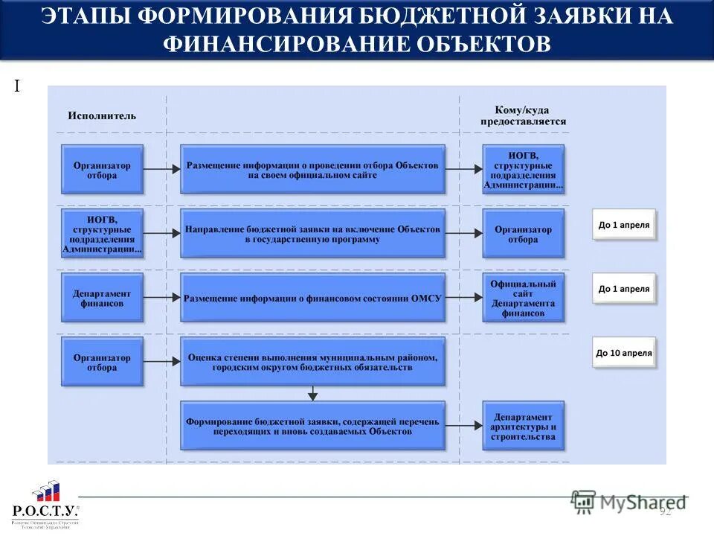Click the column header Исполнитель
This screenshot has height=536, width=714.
click(102, 115)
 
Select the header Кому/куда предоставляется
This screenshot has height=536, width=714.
click(522, 115)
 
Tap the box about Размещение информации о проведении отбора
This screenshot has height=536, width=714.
click(312, 170)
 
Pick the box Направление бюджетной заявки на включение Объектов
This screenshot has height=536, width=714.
click(312, 234)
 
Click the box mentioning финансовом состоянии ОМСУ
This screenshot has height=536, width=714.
click(312, 298)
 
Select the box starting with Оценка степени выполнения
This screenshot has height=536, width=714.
click(312, 362)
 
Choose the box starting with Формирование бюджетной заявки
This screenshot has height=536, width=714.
click(312, 426)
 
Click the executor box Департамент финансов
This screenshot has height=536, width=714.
click(102, 298)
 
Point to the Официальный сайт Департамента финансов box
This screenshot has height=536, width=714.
click(523, 298)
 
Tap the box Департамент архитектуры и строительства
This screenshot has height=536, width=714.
click(523, 426)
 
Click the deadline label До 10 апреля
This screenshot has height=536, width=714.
click(623, 353)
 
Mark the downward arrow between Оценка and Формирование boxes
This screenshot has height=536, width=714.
click(312, 393)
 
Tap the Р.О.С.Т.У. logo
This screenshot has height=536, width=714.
click(45, 503)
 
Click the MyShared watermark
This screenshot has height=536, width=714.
click(628, 502)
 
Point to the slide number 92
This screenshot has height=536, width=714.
click(665, 511)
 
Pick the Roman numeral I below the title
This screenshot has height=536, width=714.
click(16, 87)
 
